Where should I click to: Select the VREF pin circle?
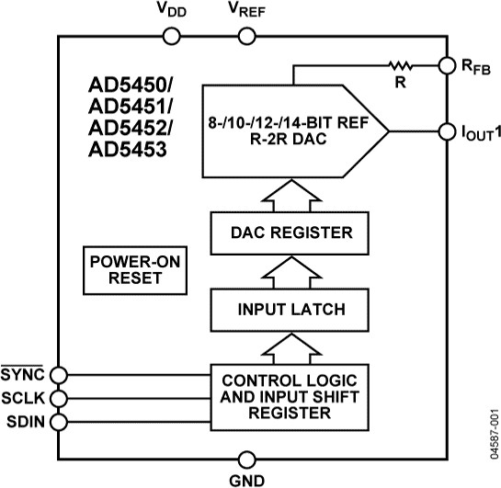pos(246,36)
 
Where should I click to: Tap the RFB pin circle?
pos(447,66)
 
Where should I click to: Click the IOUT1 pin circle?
pos(447,131)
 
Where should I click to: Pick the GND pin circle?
pos(246,459)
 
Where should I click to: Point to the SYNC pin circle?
pos(59,374)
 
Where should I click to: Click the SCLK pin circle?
pos(59,398)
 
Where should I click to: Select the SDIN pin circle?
pos(59,422)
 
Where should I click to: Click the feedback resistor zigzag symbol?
pos(401,66)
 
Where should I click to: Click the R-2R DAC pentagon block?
pos(294,132)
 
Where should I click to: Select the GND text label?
pos(246,480)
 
